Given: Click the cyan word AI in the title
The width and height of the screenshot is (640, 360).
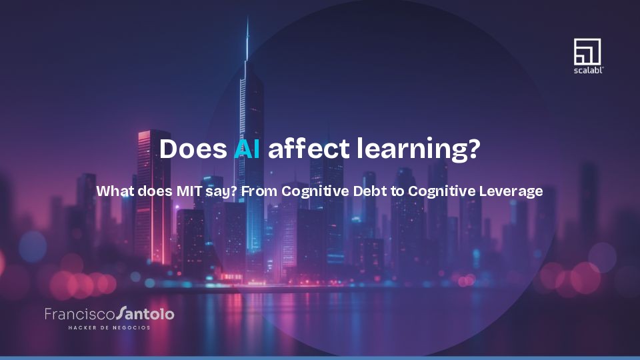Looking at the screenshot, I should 247,149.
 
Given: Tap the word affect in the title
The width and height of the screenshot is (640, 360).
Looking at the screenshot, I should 308,149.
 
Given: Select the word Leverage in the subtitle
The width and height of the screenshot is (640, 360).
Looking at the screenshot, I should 510,191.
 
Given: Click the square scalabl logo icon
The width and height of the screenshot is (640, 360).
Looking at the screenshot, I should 587,51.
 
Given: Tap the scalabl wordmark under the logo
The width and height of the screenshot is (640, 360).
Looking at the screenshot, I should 588,69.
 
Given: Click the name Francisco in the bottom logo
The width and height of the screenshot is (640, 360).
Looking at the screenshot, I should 79,313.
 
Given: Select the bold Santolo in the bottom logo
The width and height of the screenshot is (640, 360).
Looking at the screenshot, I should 145,313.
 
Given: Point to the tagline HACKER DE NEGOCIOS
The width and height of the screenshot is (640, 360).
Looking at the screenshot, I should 109,327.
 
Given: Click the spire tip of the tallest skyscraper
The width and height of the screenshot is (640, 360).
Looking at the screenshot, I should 247,20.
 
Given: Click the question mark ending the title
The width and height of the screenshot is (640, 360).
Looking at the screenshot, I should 473,149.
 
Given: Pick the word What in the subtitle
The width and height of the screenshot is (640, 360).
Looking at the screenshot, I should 114,191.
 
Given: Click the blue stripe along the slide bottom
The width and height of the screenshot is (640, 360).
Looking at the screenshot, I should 320,358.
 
